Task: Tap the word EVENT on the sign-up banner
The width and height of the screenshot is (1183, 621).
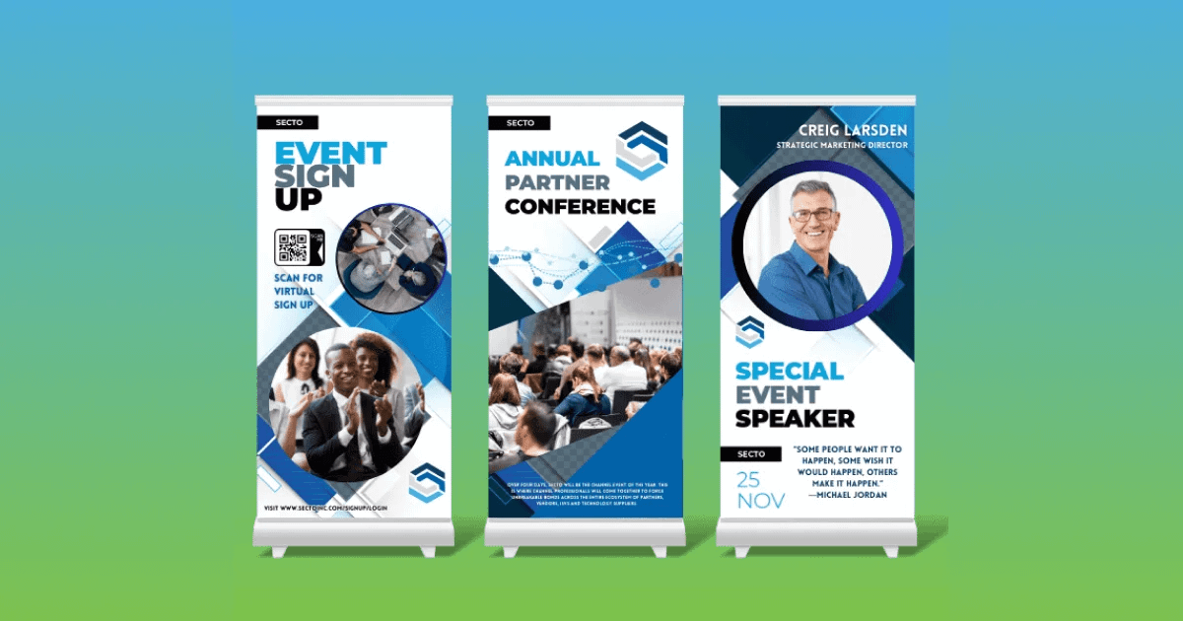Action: click(330, 154)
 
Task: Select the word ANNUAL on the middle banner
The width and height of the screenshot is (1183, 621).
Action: click(551, 158)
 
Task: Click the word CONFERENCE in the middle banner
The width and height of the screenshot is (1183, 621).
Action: click(580, 206)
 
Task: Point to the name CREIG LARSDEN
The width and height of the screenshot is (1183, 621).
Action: click(853, 130)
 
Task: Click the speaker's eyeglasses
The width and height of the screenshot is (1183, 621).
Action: click(812, 214)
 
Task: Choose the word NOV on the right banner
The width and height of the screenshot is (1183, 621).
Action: click(761, 501)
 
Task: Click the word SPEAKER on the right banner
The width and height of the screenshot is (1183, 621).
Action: click(795, 418)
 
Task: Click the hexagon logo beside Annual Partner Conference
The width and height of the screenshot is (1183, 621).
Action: click(641, 150)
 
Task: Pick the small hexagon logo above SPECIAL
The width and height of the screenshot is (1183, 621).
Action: click(749, 331)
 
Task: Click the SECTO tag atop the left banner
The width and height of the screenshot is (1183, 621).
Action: click(287, 122)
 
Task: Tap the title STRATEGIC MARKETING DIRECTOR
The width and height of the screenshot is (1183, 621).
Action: click(841, 146)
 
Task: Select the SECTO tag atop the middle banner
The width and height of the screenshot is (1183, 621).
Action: click(520, 123)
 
